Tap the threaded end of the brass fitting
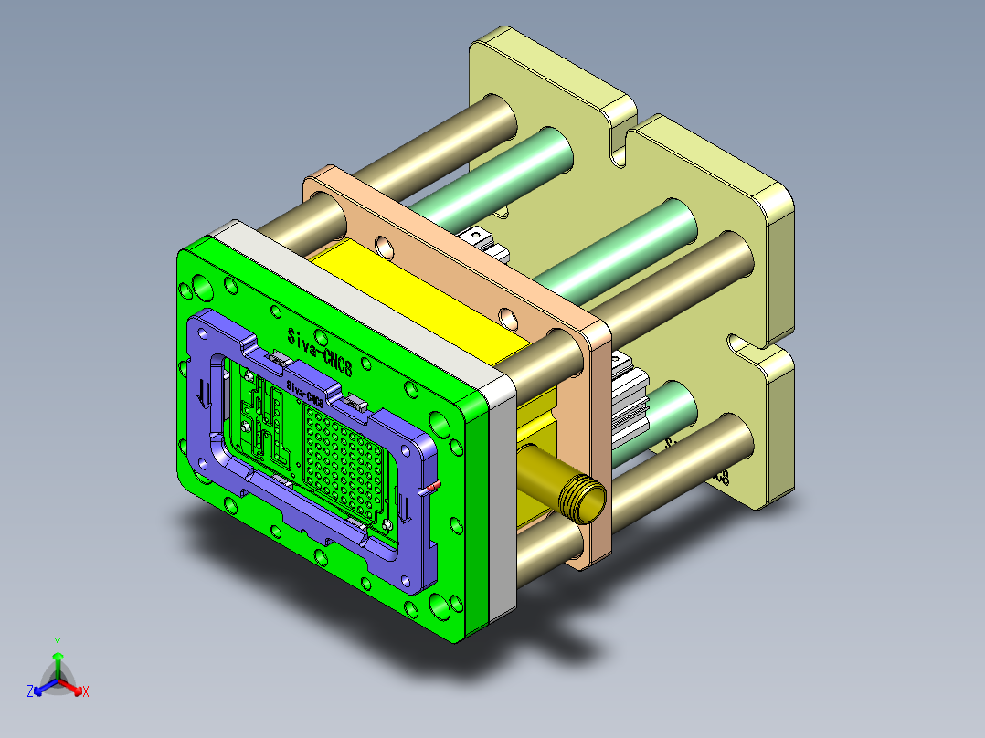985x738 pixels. (581, 498)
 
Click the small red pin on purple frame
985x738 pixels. (435, 486)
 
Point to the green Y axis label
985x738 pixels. (57, 642)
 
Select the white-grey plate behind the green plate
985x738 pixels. (502, 493)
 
